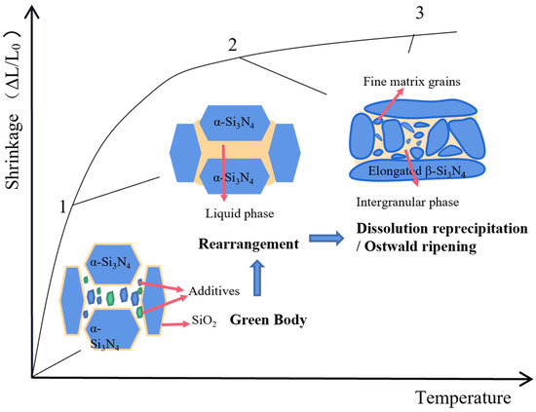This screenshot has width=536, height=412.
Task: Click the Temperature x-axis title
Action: pos(461,397)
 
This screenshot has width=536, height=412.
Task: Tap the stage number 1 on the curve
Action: pos(61,206)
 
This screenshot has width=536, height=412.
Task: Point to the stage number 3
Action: pos(419,14)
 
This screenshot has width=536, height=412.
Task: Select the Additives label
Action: pos(197,290)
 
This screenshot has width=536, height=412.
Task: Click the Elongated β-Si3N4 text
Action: pos(422,171)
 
